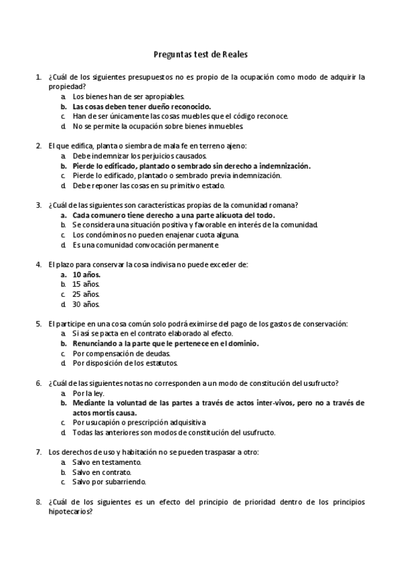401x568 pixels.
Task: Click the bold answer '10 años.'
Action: [86, 275]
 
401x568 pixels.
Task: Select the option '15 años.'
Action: [86, 284]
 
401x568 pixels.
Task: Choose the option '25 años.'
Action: [86, 294]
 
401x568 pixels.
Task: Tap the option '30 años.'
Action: [86, 304]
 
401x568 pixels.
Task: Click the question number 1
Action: [37, 77]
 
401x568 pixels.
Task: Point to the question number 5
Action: [37, 324]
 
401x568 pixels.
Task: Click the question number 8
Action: [37, 501]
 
